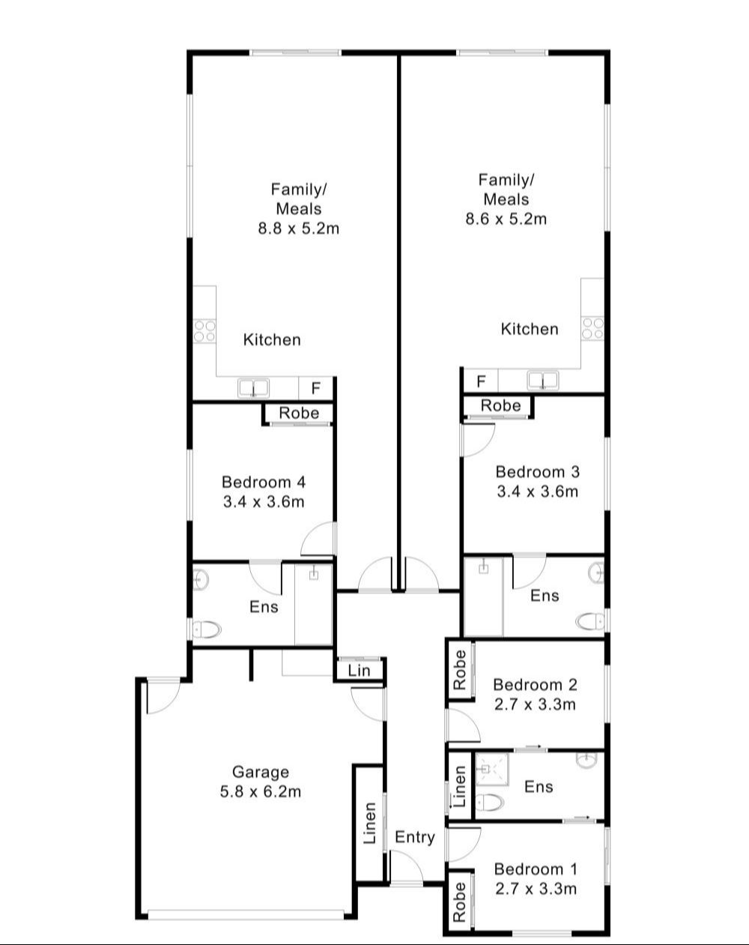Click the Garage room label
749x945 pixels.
click(260, 771)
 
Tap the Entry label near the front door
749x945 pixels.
click(414, 837)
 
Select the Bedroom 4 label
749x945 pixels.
click(264, 482)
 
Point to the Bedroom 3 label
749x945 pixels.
click(538, 471)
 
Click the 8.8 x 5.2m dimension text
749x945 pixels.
click(298, 229)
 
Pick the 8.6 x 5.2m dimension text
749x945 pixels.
click(506, 219)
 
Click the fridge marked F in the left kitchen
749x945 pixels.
click(316, 388)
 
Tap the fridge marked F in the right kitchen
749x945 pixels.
click(481, 381)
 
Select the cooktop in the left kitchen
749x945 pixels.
click(204, 330)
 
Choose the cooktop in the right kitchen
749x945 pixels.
click(592, 327)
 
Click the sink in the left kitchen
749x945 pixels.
click(254, 388)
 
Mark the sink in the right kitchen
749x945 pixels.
click(542, 381)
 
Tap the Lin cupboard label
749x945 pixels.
click(360, 670)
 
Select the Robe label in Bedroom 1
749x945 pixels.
click(459, 901)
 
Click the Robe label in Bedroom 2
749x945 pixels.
click(459, 669)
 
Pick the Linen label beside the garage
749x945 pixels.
click(370, 823)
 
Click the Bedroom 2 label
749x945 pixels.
click(535, 684)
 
